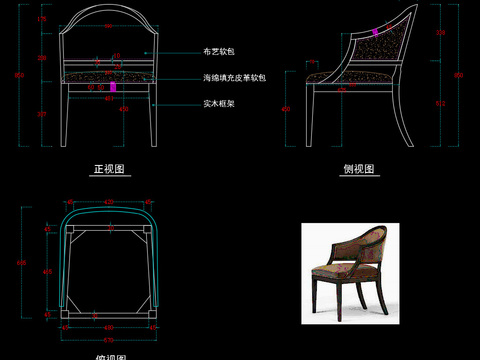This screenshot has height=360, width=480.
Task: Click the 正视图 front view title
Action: tap(106, 169)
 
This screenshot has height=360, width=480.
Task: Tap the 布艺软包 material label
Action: tap(218, 50)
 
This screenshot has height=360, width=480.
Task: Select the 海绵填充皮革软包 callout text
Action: tap(233, 77)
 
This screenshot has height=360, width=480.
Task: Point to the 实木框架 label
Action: tap(218, 103)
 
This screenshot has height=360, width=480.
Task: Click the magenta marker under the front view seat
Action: tap(113, 88)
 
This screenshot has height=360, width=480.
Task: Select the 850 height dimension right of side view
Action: tap(460, 75)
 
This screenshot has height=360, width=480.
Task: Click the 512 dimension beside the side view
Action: tap(442, 103)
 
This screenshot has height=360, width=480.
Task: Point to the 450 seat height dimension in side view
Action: tap(286, 109)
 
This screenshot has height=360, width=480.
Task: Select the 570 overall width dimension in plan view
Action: tap(107, 340)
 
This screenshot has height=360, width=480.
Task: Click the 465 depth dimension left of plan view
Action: tap(46, 272)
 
